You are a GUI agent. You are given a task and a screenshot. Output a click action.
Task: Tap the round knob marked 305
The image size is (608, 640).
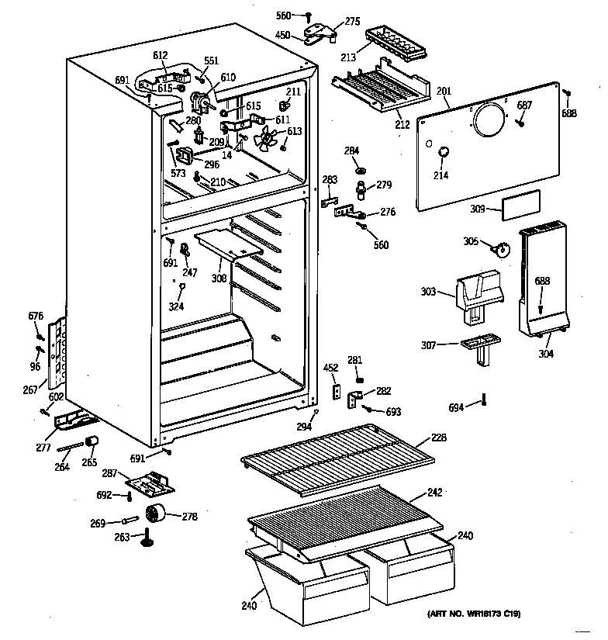coord(503,249)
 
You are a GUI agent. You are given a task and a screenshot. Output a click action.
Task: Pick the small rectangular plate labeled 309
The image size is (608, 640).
coord(518,209)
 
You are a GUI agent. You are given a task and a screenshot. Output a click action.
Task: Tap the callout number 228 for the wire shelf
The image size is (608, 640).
coord(438,438)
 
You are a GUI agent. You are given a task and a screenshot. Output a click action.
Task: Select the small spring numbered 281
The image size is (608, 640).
coord(359,379)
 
